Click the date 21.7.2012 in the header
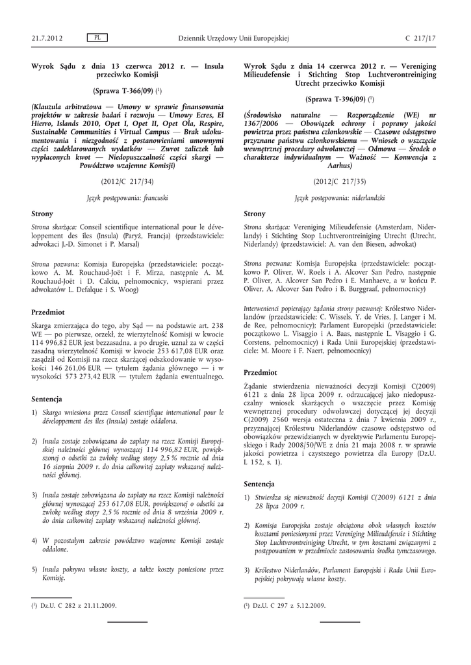point(47,38)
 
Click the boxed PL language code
point(97,38)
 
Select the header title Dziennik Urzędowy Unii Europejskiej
point(233,38)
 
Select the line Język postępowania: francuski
point(127,196)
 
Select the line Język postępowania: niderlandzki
point(339,196)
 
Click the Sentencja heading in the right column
point(259,484)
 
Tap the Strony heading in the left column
point(42,213)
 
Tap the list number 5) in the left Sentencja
point(34,569)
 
